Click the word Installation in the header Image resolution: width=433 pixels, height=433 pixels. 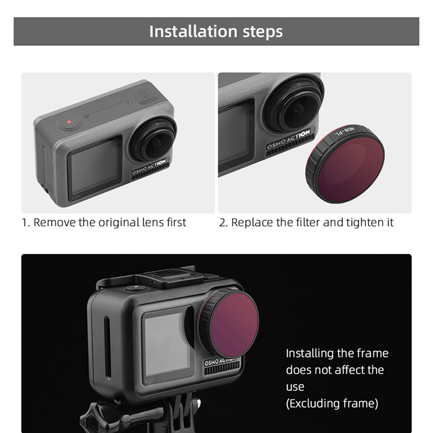[x=193, y=31]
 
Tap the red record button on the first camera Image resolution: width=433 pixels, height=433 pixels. [x=69, y=122]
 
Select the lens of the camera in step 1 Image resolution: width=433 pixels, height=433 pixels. [x=154, y=140]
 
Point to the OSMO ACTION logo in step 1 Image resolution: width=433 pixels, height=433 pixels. [x=149, y=167]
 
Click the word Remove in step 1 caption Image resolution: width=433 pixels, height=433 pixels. [x=55, y=222]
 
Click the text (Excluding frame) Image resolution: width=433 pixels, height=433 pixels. [x=332, y=403]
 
